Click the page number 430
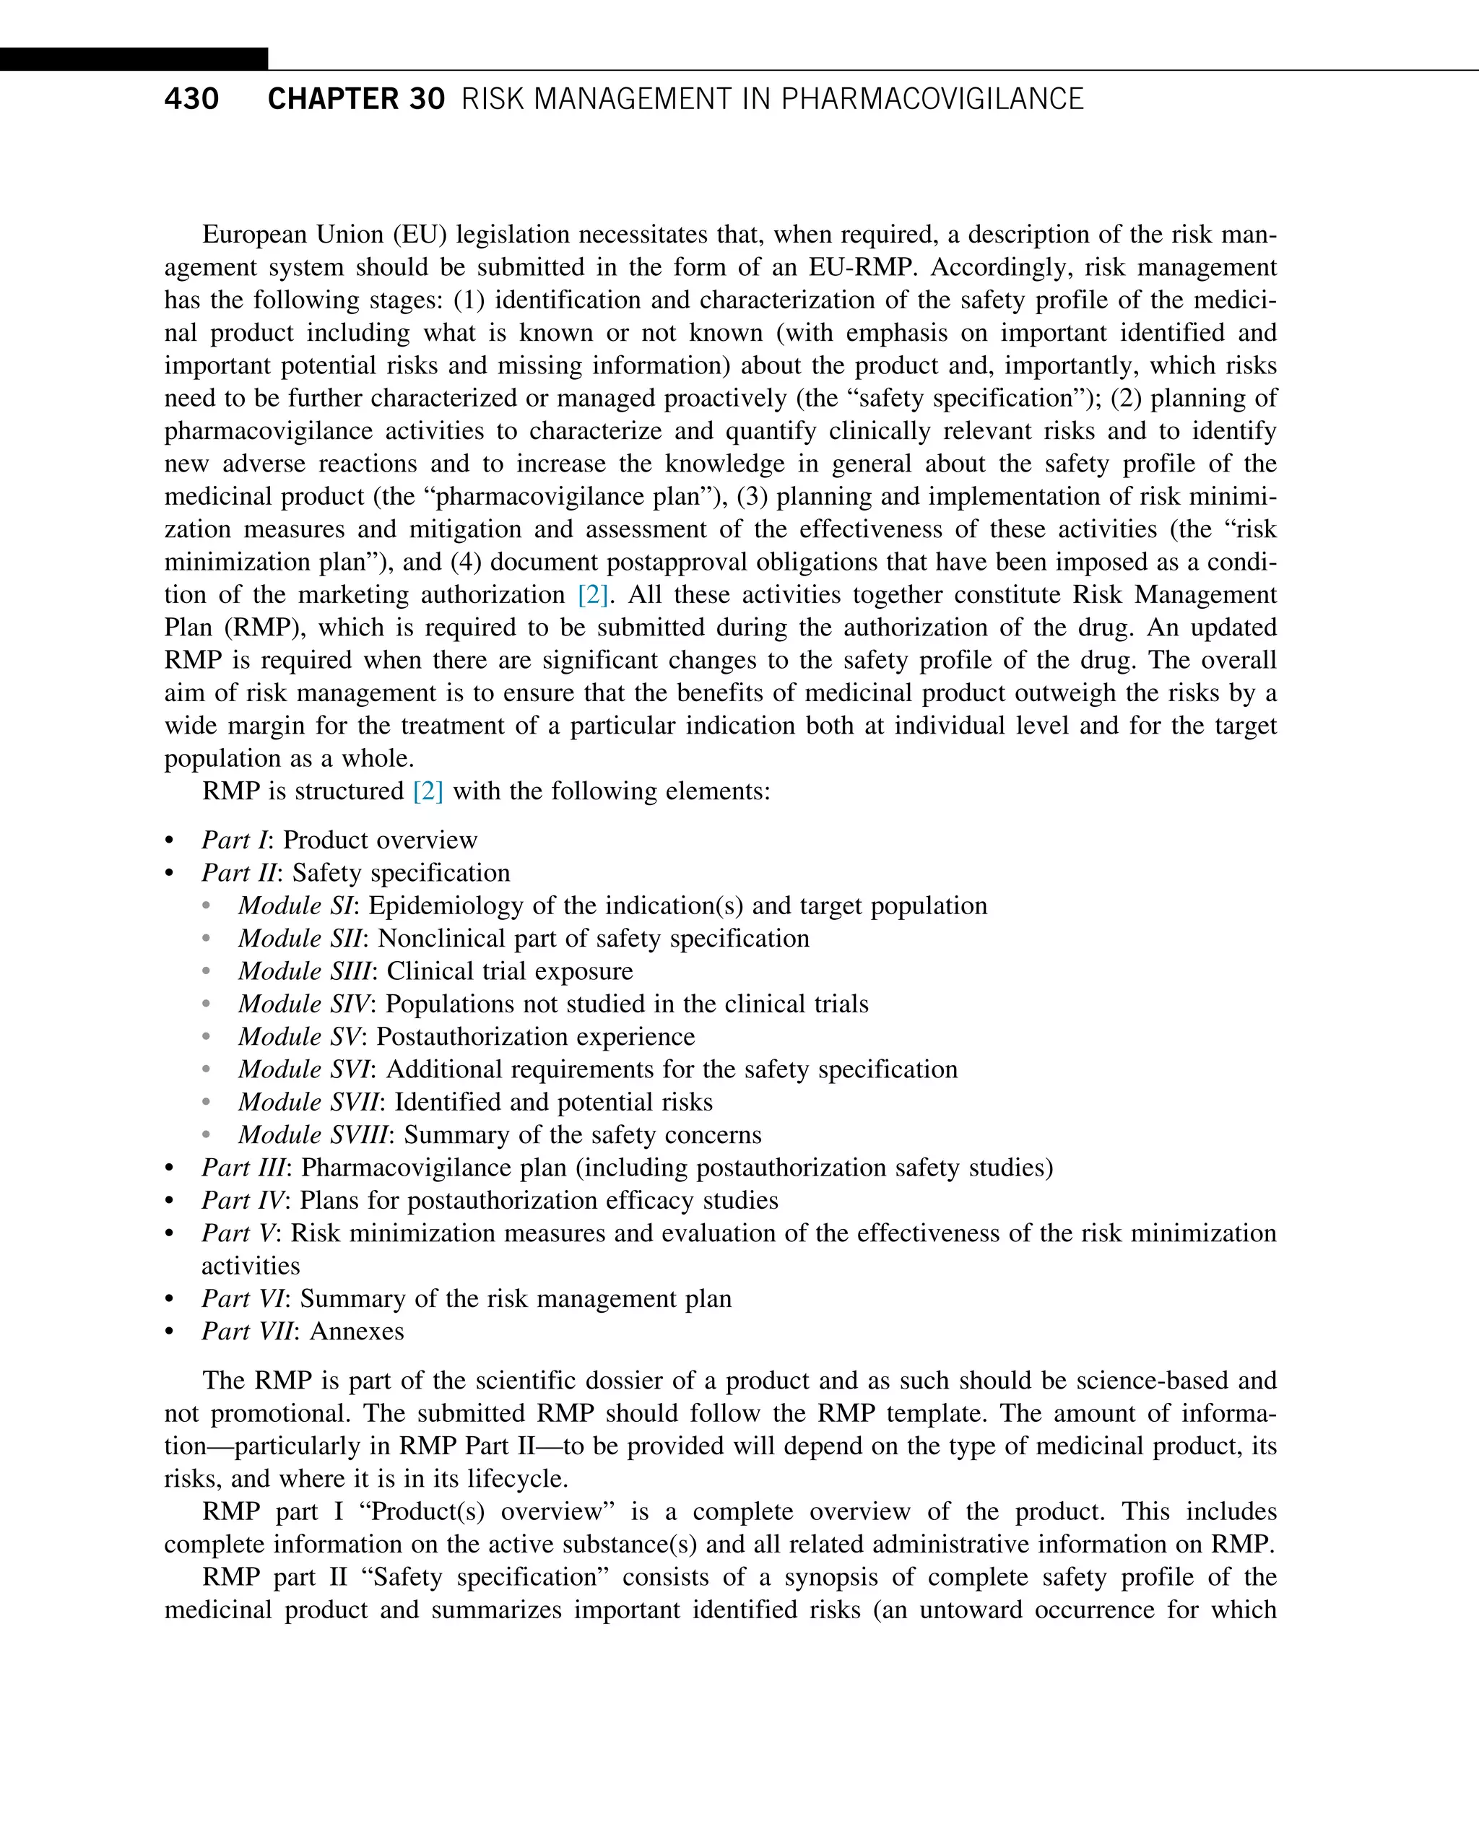click(191, 99)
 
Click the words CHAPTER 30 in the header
click(355, 99)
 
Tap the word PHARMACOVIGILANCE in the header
click(932, 99)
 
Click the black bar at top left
click(133, 58)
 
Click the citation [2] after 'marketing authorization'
click(592, 595)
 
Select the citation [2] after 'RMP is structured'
click(428, 791)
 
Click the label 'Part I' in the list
click(233, 840)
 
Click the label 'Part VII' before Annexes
click(247, 1332)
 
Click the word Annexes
click(357, 1332)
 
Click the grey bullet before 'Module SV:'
click(206, 1037)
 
